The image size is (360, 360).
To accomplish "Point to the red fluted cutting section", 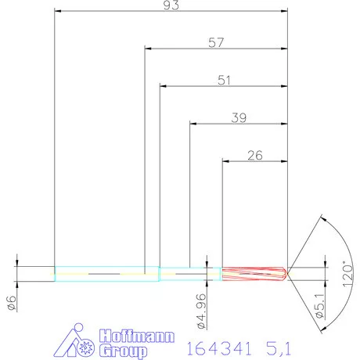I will [252, 273].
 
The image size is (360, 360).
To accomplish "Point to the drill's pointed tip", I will [287, 273].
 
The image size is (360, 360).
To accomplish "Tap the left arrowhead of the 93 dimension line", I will [58, 11].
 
